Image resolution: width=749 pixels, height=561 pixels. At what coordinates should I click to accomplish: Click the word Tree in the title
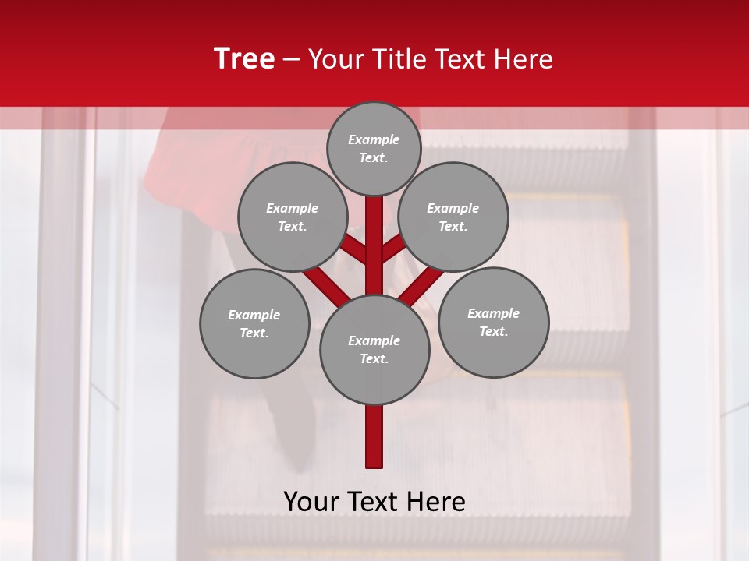click(244, 58)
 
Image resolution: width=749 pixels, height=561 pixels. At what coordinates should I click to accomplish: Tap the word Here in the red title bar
click(522, 59)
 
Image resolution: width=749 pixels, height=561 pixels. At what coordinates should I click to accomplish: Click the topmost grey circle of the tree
click(374, 148)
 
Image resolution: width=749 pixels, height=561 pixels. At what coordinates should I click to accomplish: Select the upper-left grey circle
click(292, 217)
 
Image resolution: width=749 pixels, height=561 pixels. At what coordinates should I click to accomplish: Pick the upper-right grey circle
click(453, 217)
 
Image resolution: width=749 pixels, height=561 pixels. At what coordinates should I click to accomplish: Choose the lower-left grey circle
click(254, 323)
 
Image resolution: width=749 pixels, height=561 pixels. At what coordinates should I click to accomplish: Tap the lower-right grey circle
click(493, 322)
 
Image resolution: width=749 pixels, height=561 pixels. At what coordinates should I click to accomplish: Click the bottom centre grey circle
click(374, 349)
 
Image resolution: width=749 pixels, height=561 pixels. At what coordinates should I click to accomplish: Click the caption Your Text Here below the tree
click(374, 502)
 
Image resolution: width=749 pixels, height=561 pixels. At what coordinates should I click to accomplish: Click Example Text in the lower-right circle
click(493, 322)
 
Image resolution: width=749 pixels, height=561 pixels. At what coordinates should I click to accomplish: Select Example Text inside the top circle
click(374, 148)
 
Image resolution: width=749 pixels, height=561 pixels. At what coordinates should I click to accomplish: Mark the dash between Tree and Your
click(291, 60)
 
